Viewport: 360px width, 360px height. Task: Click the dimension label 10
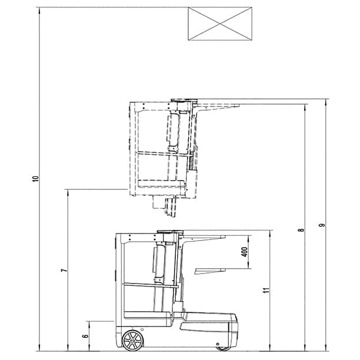point(35,178)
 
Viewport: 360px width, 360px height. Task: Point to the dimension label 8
point(301,229)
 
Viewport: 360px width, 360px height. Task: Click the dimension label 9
point(321,225)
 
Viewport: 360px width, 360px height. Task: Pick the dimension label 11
point(266,289)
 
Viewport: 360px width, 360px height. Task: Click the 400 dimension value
point(244,252)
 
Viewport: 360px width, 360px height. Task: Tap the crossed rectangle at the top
point(221,24)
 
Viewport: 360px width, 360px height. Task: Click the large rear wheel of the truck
point(132,341)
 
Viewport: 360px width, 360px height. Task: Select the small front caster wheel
point(222,347)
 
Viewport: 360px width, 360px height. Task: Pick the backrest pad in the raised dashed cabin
point(172,130)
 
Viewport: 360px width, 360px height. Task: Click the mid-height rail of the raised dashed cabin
point(162,154)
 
